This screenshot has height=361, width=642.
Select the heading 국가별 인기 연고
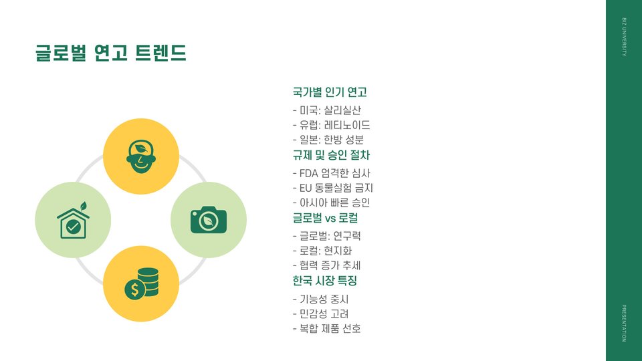[x=330, y=92]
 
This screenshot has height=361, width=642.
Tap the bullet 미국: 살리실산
[x=327, y=110]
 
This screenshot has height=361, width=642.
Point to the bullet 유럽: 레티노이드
[x=332, y=125]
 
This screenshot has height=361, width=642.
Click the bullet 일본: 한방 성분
[x=328, y=140]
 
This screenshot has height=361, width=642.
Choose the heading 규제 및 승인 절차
[x=332, y=155]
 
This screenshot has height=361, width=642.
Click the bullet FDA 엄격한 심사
[x=332, y=173]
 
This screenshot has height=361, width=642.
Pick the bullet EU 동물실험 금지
[x=332, y=188]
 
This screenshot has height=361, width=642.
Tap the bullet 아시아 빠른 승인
[x=331, y=203]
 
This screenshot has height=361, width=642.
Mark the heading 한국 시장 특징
[x=324, y=281]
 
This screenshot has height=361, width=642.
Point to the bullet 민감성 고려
[x=321, y=314]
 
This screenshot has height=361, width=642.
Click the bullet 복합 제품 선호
[x=327, y=328]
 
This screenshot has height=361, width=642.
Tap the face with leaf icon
[x=140, y=156]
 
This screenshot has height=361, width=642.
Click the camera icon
[x=209, y=219]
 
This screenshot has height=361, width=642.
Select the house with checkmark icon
[x=73, y=220]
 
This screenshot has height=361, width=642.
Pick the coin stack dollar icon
[x=141, y=283]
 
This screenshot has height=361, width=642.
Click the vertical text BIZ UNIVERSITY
[x=624, y=38]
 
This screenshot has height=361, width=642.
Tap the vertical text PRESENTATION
[x=624, y=323]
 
